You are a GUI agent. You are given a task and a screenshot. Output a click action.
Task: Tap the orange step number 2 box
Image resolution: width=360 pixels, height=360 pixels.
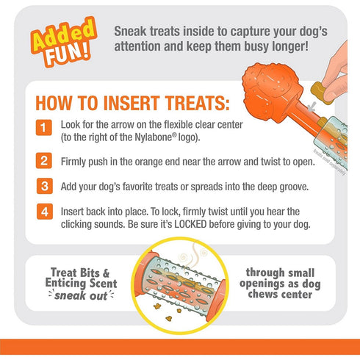44,159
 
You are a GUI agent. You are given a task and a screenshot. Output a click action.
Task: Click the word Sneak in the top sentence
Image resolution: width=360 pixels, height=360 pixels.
134,32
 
